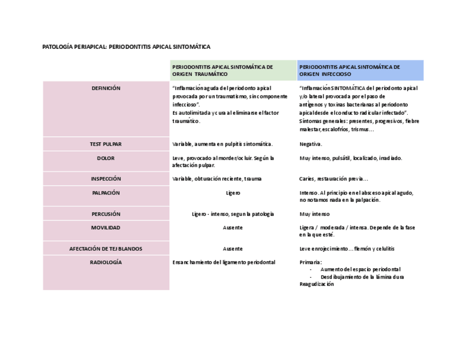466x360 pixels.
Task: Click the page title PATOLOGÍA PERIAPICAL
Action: [126, 47]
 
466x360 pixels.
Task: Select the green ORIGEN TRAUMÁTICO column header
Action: [233, 70]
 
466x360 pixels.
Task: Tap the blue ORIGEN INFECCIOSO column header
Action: [360, 70]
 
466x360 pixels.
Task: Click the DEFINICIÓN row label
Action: [106, 88]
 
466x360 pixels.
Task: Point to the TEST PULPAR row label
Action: [106, 144]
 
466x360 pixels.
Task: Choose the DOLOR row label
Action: [106, 158]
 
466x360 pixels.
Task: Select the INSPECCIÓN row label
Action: [106, 179]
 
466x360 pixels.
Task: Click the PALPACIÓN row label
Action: [106, 193]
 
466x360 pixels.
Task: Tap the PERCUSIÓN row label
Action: [106, 214]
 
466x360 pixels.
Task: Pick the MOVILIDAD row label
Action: [106, 228]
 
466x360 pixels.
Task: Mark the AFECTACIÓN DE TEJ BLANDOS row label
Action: [106, 249]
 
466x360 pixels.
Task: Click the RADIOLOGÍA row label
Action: [106, 263]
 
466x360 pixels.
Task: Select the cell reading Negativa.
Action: [311, 144]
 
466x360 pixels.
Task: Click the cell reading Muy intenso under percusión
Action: [314, 214]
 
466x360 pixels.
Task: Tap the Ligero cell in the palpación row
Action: [233, 193]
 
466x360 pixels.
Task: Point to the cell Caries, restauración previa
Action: [334, 179]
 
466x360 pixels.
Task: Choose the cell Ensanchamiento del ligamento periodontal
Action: [224, 263]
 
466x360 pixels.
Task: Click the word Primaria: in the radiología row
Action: [310, 263]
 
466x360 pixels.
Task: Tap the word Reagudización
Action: [317, 284]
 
